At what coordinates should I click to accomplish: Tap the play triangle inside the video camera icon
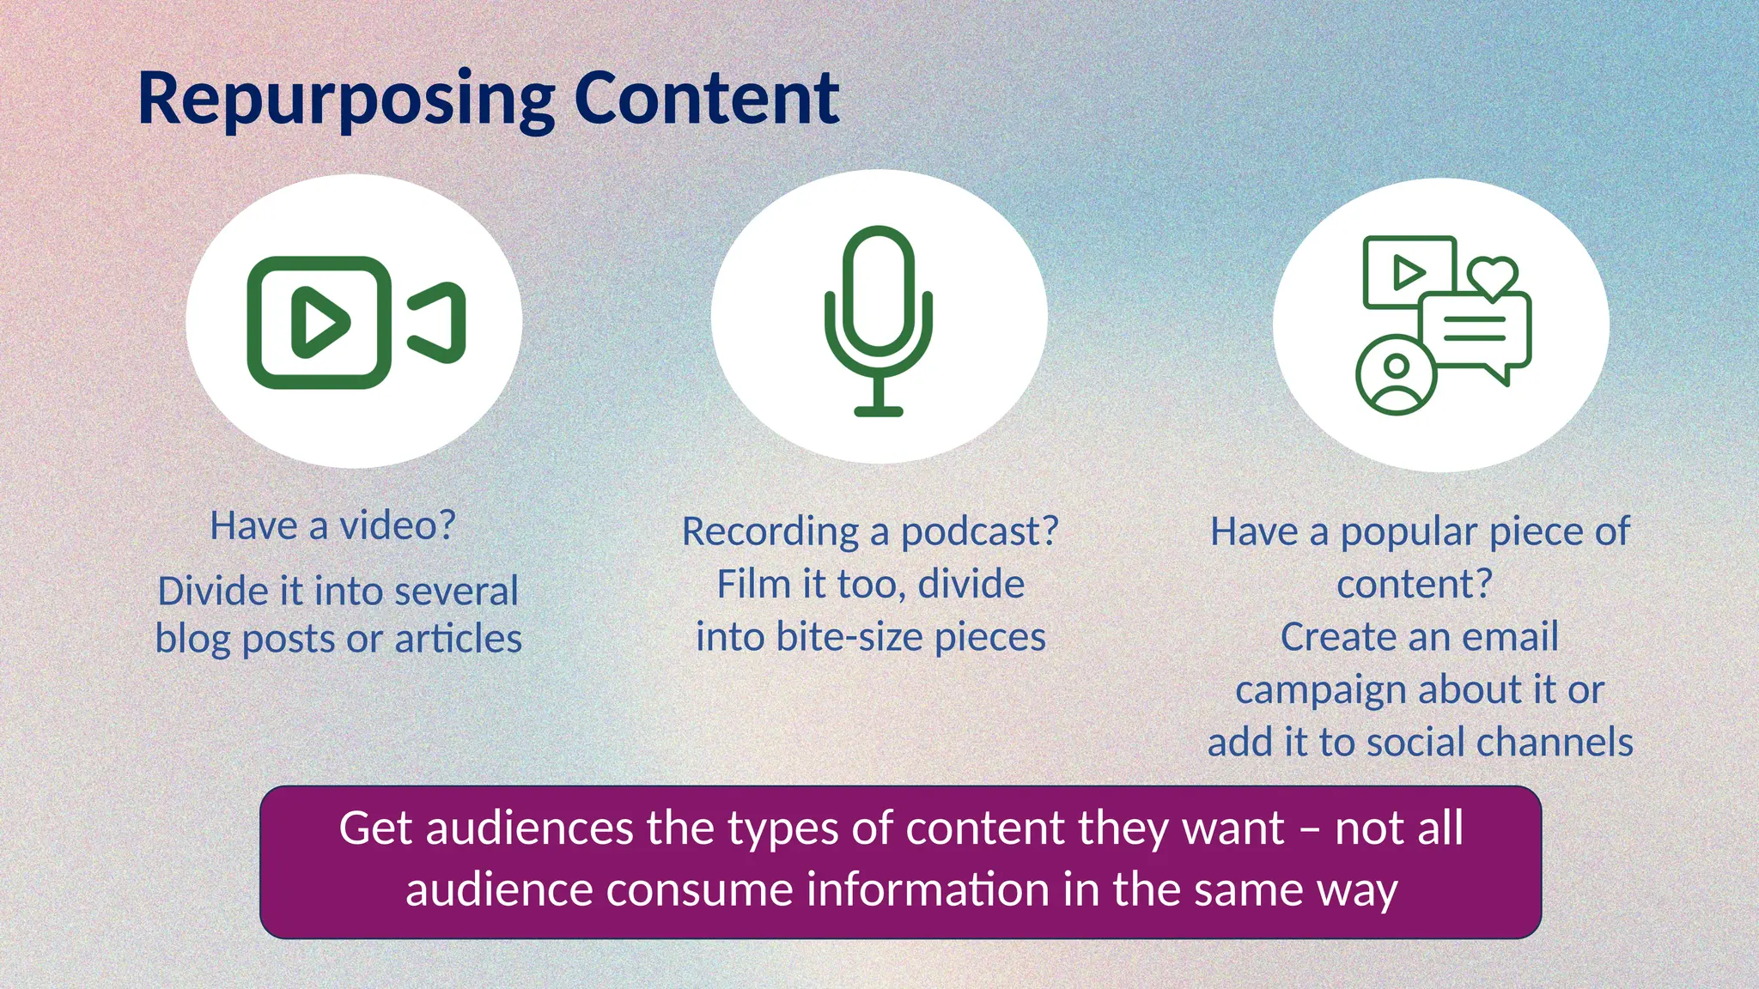pos(319,323)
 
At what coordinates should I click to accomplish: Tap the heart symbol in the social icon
pos(1492,276)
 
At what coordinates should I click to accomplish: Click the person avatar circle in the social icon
pos(1396,375)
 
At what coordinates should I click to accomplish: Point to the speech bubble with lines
pos(1475,331)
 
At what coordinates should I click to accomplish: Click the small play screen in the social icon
pos(1409,272)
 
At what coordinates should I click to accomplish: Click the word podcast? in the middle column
pos(979,532)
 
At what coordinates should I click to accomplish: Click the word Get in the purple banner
pos(374,828)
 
